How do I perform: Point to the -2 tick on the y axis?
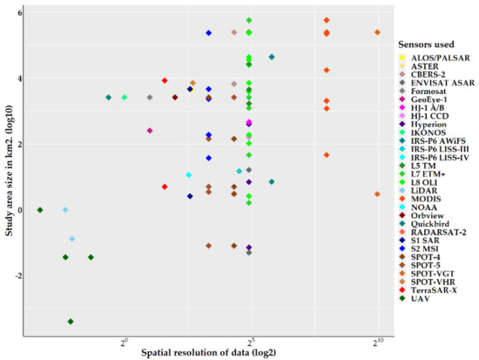pos(16,275)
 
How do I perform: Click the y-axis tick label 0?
pos(17,210)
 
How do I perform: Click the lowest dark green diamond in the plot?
pos(71,322)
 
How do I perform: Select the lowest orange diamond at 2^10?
pos(377,194)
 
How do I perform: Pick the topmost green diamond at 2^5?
pos(249,20)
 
